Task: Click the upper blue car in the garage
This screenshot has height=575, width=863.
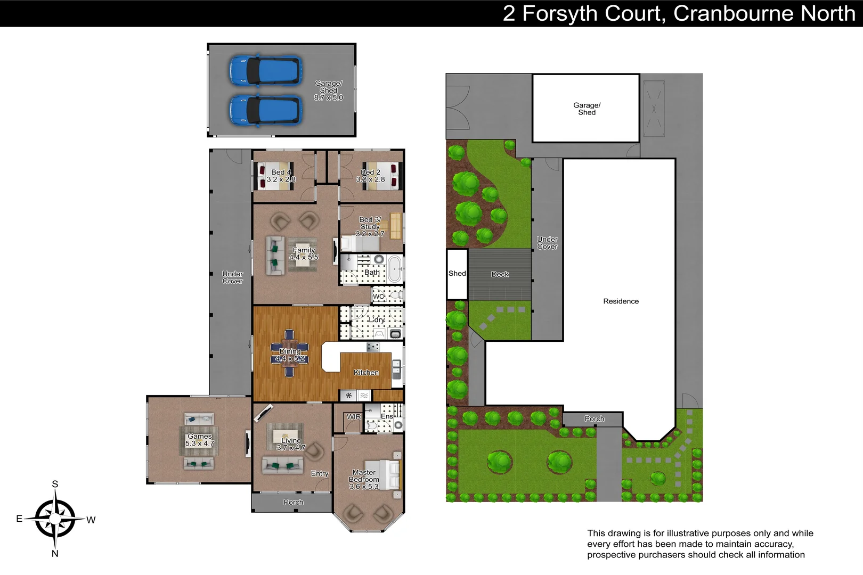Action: pyautogui.click(x=265, y=71)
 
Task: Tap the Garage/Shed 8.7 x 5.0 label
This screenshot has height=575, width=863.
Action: pyautogui.click(x=328, y=91)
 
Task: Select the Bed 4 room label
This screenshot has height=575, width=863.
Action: pyautogui.click(x=281, y=176)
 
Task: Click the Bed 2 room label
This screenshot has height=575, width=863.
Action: pyautogui.click(x=370, y=176)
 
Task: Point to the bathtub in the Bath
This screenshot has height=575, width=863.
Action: pyautogui.click(x=395, y=269)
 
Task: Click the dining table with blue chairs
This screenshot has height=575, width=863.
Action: pyautogui.click(x=289, y=354)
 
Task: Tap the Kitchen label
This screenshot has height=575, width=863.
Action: pyautogui.click(x=366, y=373)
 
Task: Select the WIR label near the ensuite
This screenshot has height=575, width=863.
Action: pyautogui.click(x=354, y=417)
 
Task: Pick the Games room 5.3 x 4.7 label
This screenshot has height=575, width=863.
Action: pyautogui.click(x=199, y=440)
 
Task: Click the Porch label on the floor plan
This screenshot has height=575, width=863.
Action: pyautogui.click(x=294, y=502)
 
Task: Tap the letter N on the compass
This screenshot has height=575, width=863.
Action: pyautogui.click(x=55, y=554)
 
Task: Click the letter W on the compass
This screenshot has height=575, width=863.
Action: pyautogui.click(x=91, y=520)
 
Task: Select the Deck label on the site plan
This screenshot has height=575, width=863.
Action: pyautogui.click(x=500, y=274)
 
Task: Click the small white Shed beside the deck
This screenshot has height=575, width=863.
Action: pyautogui.click(x=457, y=274)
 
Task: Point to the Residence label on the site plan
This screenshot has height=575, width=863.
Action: pyautogui.click(x=621, y=301)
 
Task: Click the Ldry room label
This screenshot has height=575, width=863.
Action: pyautogui.click(x=376, y=320)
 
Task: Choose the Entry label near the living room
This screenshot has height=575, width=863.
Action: pyautogui.click(x=320, y=473)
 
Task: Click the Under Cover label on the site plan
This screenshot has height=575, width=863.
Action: pyautogui.click(x=547, y=243)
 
